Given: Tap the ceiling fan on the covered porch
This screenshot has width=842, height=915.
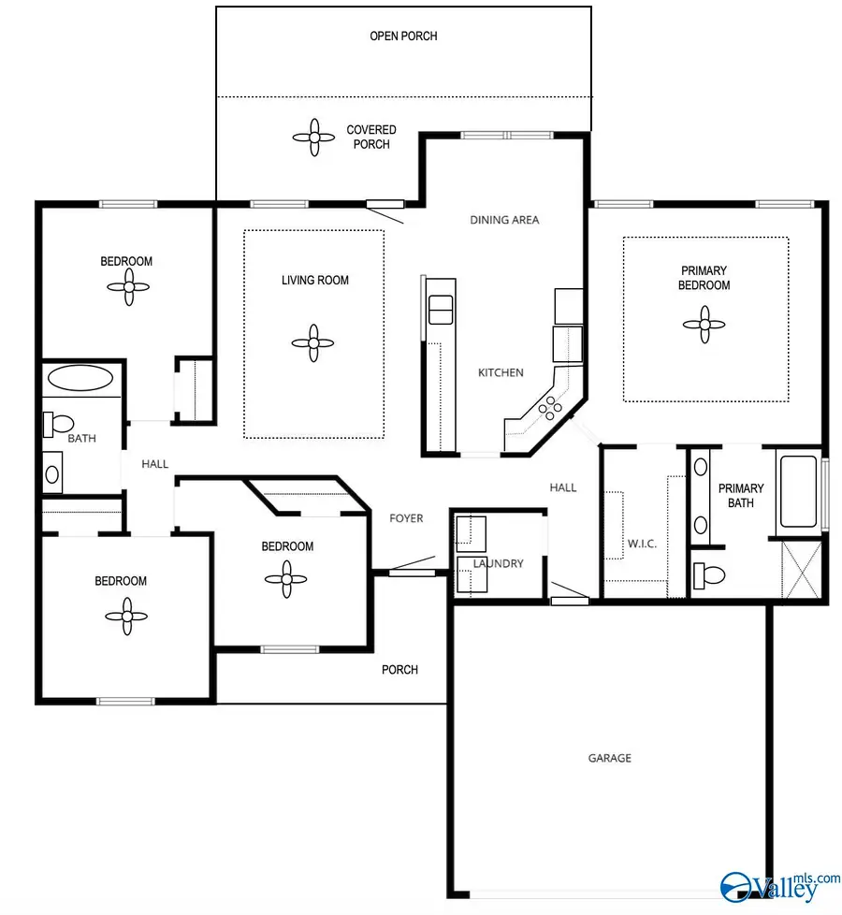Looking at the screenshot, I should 314,138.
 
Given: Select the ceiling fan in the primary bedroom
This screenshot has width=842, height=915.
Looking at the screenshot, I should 704,325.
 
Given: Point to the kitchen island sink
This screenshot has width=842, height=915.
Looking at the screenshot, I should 440,309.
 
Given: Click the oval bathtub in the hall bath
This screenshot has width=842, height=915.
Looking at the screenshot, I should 80,379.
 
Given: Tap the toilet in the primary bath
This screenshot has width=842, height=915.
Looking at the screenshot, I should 708,574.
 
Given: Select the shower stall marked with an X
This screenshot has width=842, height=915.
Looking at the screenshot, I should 801,570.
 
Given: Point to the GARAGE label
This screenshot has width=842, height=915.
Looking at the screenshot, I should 609,758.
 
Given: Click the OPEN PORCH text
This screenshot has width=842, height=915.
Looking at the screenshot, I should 403,36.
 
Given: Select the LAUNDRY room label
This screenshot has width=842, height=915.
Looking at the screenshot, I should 498,563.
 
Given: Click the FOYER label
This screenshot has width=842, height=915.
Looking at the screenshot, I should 407,518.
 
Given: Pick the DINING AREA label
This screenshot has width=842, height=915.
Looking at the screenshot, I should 504,220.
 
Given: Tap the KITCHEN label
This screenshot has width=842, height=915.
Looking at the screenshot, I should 501,372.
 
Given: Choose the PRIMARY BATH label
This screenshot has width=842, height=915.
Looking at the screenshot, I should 741,495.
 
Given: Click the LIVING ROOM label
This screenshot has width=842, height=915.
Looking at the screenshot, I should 315,280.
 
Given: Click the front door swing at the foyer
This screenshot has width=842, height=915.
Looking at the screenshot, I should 411,564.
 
